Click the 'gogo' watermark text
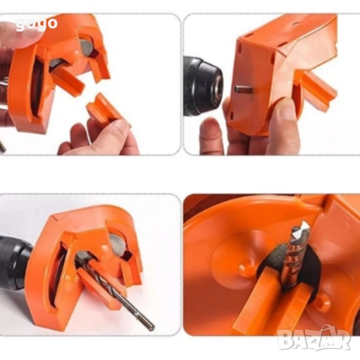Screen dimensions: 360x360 pyautogui.click(x=37, y=24)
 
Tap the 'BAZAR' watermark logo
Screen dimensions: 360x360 pyautogui.click(x=314, y=338)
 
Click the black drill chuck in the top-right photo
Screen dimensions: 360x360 pyautogui.click(x=202, y=86)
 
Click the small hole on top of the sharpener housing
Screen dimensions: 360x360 pyautogui.click(x=297, y=24)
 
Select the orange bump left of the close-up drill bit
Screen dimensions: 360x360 pyautogui.click(x=247, y=268)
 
